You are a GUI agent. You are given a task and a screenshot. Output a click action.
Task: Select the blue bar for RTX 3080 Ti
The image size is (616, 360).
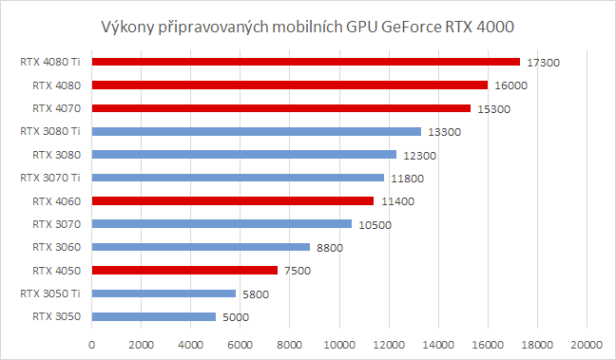coord(257,131)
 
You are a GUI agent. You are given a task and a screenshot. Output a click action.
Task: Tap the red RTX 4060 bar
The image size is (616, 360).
coord(233,200)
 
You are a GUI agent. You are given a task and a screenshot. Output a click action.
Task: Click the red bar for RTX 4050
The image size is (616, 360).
coord(184,270)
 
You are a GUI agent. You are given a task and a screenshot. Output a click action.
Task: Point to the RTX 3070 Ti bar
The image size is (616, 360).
coord(238,178)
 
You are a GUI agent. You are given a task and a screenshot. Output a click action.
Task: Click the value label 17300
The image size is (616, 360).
coord(543,63)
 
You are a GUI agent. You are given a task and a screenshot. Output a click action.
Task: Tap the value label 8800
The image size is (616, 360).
coord(329,248)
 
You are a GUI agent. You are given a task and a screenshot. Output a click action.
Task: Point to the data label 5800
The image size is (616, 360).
coord(255,294)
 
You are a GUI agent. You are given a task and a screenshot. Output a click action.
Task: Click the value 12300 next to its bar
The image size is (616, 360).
coord(419,155)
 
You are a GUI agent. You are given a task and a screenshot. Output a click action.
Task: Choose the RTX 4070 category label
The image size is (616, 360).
coord(55,107)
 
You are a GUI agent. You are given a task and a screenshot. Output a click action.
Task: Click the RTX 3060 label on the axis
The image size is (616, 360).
coord(55,246)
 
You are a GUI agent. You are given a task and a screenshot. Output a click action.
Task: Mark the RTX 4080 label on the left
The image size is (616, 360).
coord(55,85)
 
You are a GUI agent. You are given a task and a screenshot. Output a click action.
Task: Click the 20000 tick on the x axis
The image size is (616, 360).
coord(587,344)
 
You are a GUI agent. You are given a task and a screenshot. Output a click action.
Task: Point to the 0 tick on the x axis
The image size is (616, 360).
coord(92,344)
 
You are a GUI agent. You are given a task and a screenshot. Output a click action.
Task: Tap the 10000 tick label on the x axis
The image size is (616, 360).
coord(339,344)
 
